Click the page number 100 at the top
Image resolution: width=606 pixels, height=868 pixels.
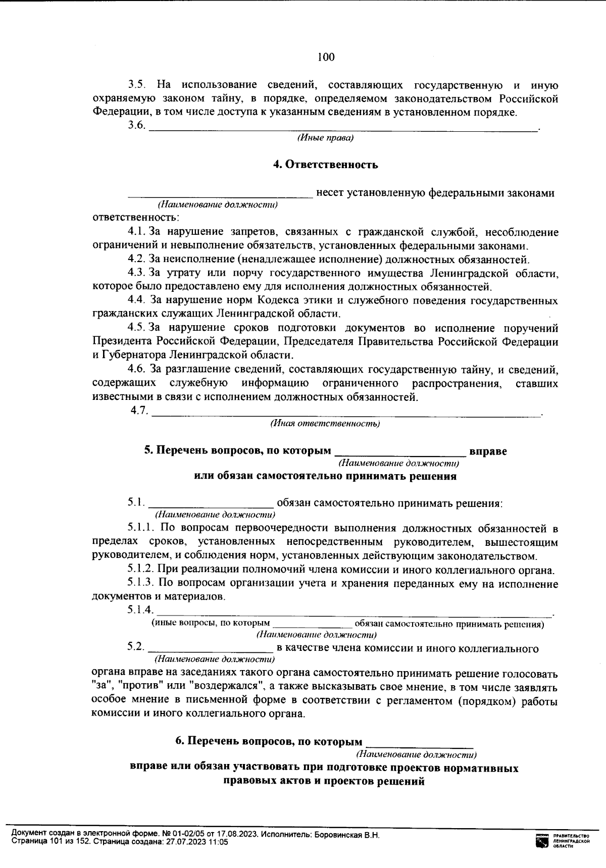pos(326,57)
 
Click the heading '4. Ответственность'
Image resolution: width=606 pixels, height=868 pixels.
pos(325,165)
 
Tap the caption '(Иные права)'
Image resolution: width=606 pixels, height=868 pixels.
pos(325,138)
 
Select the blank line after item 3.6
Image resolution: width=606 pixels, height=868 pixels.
pos(343,129)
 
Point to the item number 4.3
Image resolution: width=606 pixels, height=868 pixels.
pos(136,274)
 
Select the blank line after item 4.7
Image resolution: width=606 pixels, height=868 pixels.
pos(346,414)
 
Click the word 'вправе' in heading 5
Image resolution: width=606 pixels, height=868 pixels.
pos(488,451)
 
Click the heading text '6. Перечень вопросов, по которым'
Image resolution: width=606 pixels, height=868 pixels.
pos(269,742)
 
